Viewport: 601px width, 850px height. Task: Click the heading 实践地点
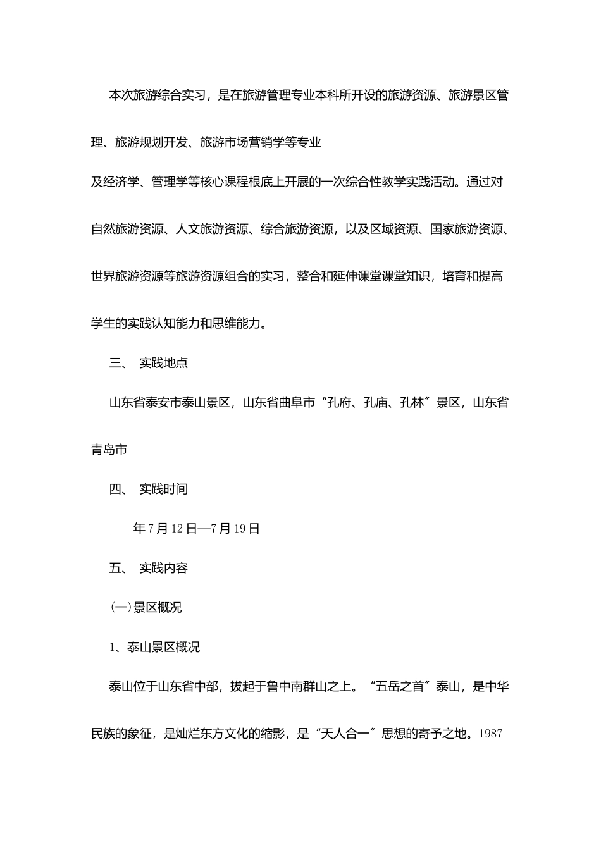tap(163, 363)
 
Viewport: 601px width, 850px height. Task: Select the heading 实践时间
tap(163, 489)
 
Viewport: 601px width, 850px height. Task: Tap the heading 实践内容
tap(163, 568)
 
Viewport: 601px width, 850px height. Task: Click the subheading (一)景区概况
tap(146, 607)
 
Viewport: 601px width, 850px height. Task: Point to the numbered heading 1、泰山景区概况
tap(155, 647)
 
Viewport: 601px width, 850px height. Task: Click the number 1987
tap(491, 734)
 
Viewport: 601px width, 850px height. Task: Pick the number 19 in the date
tap(239, 529)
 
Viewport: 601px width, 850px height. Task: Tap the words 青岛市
tap(109, 450)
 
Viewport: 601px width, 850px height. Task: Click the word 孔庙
tap(375, 403)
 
